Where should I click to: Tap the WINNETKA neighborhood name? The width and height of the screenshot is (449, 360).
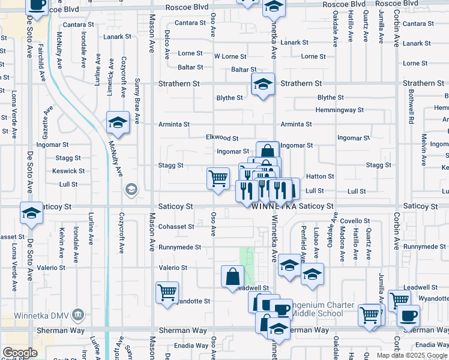(274, 206)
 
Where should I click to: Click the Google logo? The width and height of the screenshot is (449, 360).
(20, 352)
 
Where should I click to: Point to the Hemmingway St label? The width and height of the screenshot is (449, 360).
(340, 110)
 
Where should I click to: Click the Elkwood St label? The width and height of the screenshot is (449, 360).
(222, 138)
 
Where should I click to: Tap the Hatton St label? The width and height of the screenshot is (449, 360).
(320, 176)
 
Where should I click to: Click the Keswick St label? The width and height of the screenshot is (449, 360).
(65, 171)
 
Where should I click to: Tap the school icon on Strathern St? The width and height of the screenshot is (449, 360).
(262, 85)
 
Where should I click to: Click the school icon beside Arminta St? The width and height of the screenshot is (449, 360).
(118, 122)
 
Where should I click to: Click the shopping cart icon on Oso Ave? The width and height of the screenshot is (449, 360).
(218, 178)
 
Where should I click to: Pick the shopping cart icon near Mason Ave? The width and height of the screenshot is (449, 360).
(167, 292)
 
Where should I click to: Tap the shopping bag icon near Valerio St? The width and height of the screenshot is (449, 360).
(232, 277)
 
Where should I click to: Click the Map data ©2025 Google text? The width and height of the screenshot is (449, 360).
(411, 355)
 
